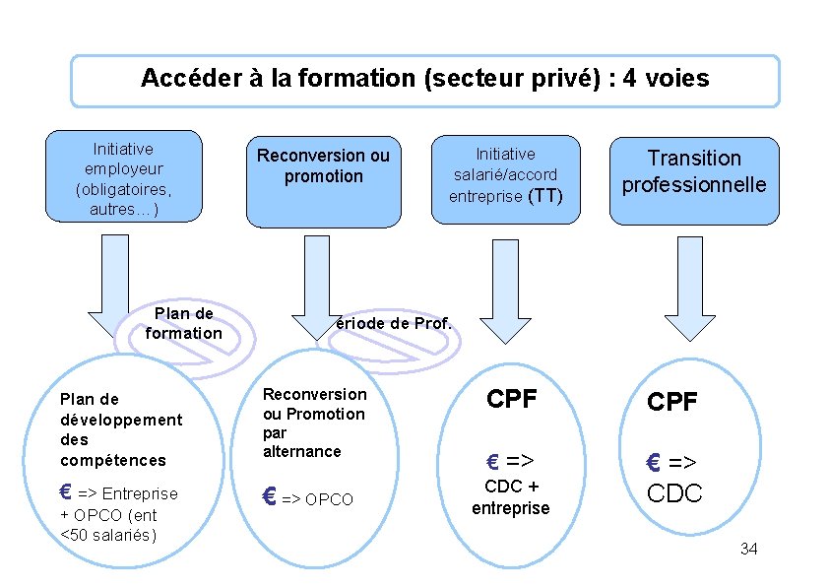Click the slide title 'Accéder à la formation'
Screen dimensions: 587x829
(x=424, y=79)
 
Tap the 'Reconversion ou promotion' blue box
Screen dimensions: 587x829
(x=323, y=180)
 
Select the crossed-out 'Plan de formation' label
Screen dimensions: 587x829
(x=183, y=324)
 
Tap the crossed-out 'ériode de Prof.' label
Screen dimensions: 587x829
(x=393, y=324)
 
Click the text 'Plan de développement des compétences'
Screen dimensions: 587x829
(x=121, y=429)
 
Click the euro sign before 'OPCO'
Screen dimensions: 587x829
(x=269, y=497)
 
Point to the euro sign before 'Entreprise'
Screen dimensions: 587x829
(x=66, y=491)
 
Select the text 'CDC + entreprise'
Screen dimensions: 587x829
(x=511, y=497)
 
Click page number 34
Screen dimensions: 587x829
(x=748, y=549)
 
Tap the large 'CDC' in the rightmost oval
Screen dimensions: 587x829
(x=674, y=492)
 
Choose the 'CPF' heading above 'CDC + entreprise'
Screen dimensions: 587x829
(x=512, y=399)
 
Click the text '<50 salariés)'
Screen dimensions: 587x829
(x=108, y=535)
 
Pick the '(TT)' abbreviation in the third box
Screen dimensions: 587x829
(x=545, y=196)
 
